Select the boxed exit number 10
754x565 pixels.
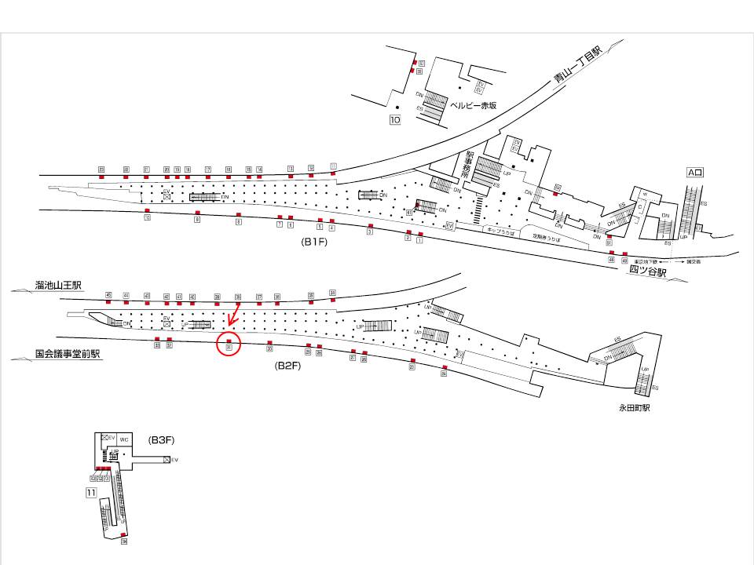click(394, 120)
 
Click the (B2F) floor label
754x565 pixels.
click(288, 366)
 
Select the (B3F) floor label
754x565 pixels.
click(160, 441)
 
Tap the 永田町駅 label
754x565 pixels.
click(635, 408)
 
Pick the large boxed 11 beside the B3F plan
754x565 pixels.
click(91, 493)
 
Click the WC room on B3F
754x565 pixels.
click(124, 439)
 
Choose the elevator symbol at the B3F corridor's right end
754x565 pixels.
click(167, 459)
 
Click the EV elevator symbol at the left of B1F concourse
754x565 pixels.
click(167, 194)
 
